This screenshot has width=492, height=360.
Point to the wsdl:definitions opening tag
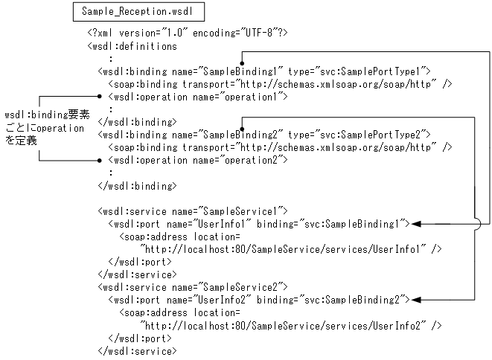tap(132, 46)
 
